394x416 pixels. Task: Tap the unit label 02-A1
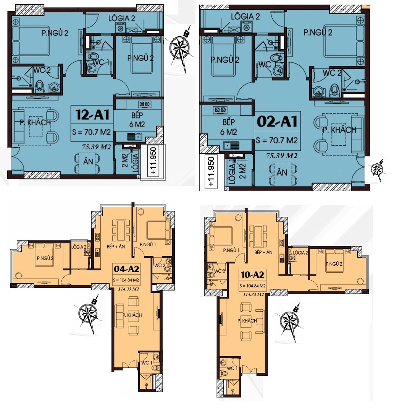pos(277,122)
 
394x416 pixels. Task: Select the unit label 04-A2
pos(126,269)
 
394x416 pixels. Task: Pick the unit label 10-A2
pos(252,275)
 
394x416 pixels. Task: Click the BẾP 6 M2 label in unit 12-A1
pos(137,120)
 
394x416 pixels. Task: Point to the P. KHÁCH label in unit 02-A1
pos(339,130)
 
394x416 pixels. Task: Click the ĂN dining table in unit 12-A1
pos(88,161)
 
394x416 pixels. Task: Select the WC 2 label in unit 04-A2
pos(160,265)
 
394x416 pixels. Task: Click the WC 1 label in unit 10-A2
pos(233,369)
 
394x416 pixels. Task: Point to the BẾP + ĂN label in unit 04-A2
pos(116,247)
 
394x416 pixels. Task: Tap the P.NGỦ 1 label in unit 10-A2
pos(231,250)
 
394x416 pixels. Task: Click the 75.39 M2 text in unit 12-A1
pos(96,147)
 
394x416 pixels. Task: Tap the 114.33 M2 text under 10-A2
pos(253,294)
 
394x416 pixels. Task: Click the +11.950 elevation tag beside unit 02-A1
pos(211,172)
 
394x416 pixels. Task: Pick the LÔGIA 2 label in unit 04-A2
pos(79,247)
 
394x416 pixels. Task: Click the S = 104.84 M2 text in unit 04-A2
pos(126,280)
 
